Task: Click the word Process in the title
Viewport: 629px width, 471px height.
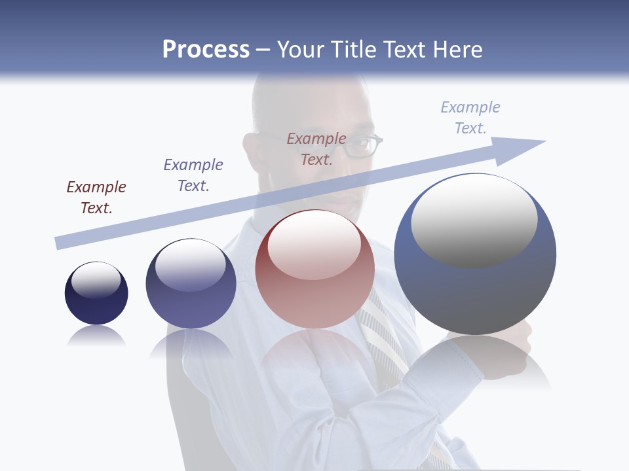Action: pos(206,50)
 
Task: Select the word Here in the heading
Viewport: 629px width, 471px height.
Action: pos(455,50)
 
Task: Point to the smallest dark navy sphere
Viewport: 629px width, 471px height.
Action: pos(96,293)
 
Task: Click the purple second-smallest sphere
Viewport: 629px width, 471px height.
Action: pos(191,284)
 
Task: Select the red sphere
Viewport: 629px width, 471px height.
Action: pos(314,270)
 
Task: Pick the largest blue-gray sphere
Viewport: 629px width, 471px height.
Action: pos(475,254)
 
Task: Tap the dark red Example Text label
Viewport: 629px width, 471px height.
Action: pos(96,198)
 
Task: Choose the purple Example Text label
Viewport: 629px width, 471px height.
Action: pos(193,175)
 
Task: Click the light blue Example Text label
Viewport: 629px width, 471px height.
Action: pos(470,118)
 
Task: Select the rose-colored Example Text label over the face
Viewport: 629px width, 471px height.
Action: pos(316,149)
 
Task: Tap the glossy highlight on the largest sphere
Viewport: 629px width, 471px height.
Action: pos(474,219)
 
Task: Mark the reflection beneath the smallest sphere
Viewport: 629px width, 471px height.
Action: pos(96,336)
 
